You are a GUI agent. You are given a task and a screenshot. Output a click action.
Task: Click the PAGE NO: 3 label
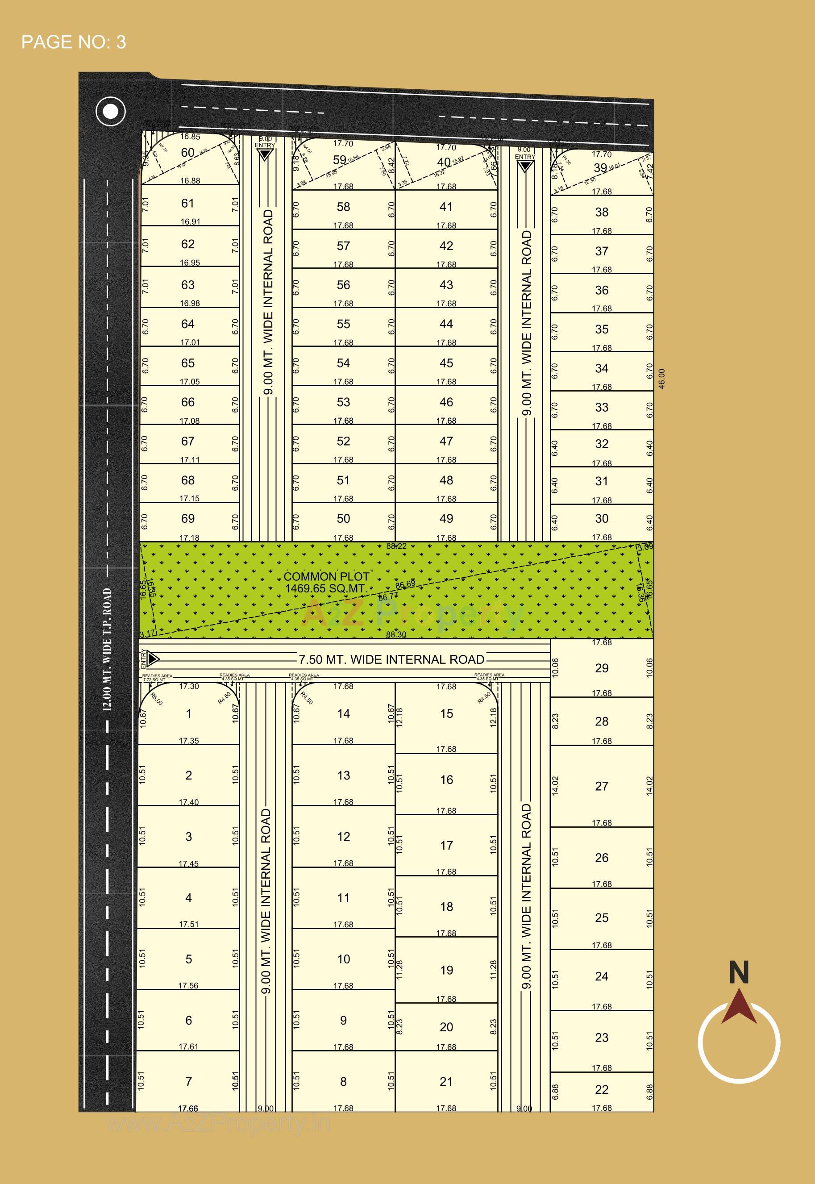coord(74,42)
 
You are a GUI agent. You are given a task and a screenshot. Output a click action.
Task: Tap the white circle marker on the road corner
coord(110,111)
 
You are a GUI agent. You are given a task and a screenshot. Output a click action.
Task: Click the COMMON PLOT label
coord(326,577)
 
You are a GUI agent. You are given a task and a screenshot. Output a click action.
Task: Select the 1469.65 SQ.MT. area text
coord(326,588)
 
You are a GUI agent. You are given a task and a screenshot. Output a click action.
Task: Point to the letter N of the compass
coord(738,972)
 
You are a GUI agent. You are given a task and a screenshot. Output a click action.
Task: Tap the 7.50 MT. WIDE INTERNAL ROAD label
coord(391,659)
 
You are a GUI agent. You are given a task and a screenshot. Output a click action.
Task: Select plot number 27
coord(602,786)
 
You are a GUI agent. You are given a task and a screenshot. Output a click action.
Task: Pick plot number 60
coord(188,152)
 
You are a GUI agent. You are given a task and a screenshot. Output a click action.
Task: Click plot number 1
coord(188,713)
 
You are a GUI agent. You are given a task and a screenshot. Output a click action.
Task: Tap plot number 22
coord(602,1089)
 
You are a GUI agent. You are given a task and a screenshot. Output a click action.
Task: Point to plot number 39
coord(600,167)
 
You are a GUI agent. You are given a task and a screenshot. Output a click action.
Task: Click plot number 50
coord(343,518)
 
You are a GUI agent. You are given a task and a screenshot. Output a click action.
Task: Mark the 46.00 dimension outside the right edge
coord(662,379)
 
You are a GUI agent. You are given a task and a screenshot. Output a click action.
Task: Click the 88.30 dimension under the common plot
coord(396,634)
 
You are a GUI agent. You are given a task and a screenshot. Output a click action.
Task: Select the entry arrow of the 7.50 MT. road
coord(153,659)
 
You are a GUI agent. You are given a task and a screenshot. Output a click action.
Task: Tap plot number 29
coord(602,668)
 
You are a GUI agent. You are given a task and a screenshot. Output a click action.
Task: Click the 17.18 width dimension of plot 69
coord(189,538)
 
